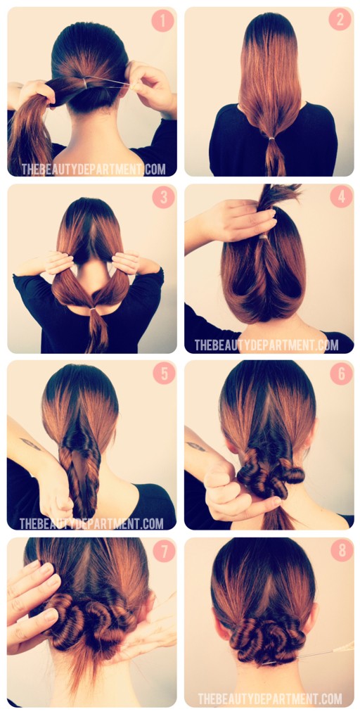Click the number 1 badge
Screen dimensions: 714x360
162,20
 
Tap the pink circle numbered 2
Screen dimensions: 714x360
340,20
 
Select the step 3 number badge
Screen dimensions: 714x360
163,197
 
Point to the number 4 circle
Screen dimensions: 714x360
341,196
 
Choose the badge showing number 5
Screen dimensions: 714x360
163,373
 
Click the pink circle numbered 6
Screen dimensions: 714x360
341,373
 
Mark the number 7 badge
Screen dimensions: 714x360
163,550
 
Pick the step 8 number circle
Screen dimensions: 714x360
341,549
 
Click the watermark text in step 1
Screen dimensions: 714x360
94,170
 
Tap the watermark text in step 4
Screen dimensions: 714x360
266,345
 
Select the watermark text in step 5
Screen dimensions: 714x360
91,523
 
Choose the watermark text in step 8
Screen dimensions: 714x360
270,699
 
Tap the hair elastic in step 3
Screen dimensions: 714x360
94,308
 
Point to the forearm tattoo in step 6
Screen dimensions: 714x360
196,447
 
